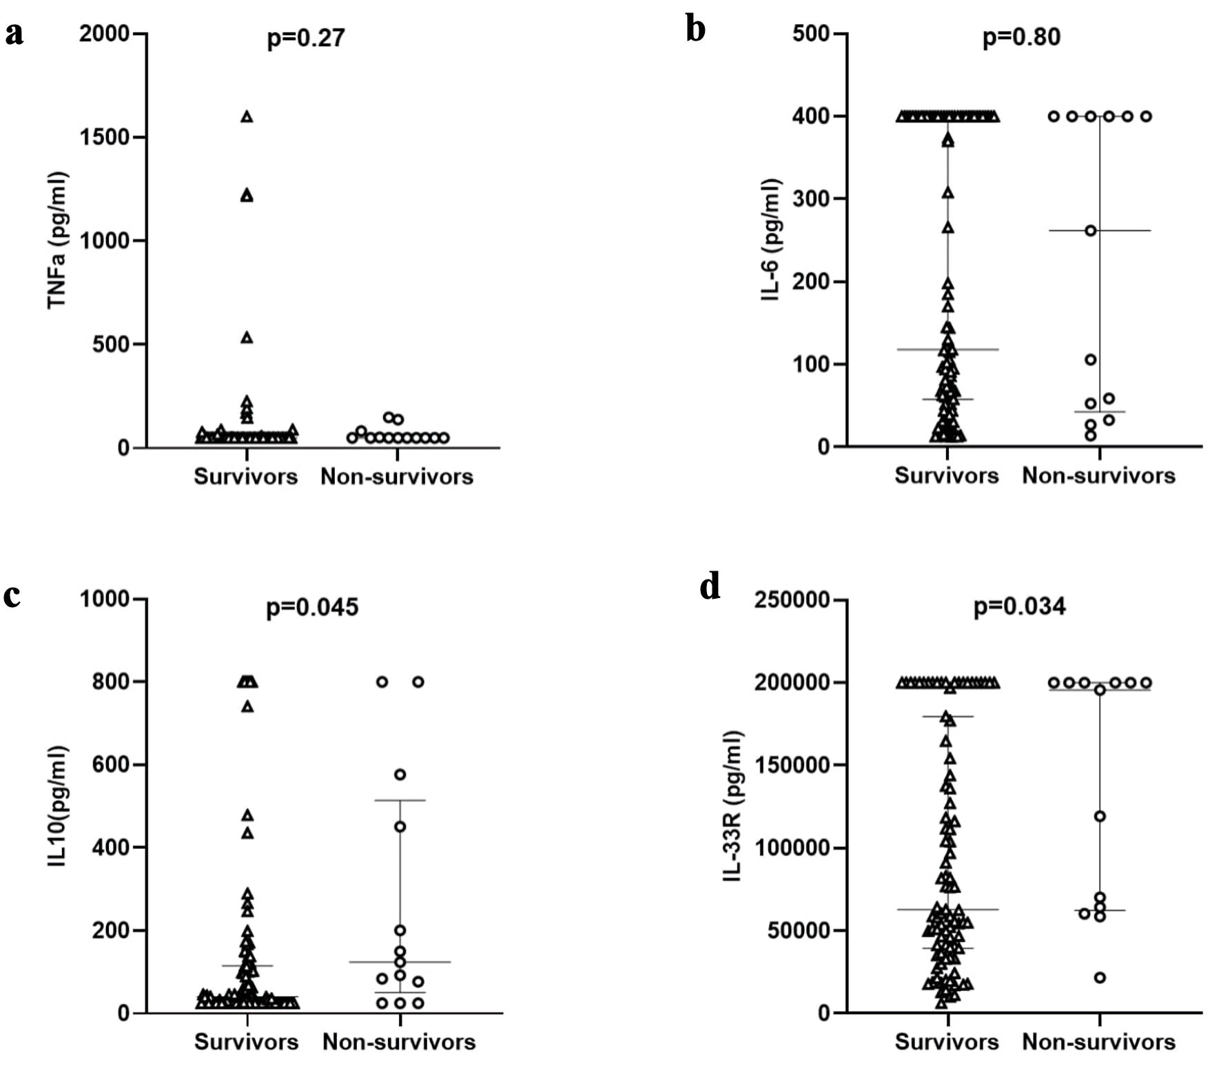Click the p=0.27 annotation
click(305, 38)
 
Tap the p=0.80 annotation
click(1021, 37)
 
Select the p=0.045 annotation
click(312, 607)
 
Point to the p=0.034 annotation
click(1019, 606)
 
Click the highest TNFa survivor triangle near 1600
click(247, 117)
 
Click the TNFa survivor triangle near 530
click(247, 337)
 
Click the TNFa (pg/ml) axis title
click(58, 240)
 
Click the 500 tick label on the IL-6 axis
click(810, 33)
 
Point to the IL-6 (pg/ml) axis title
click(772, 240)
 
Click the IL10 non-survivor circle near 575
click(400, 775)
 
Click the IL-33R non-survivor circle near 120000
click(1100, 817)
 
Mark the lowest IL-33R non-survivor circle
click(1100, 977)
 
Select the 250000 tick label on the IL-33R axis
click(792, 599)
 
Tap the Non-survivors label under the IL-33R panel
click(1098, 1041)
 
